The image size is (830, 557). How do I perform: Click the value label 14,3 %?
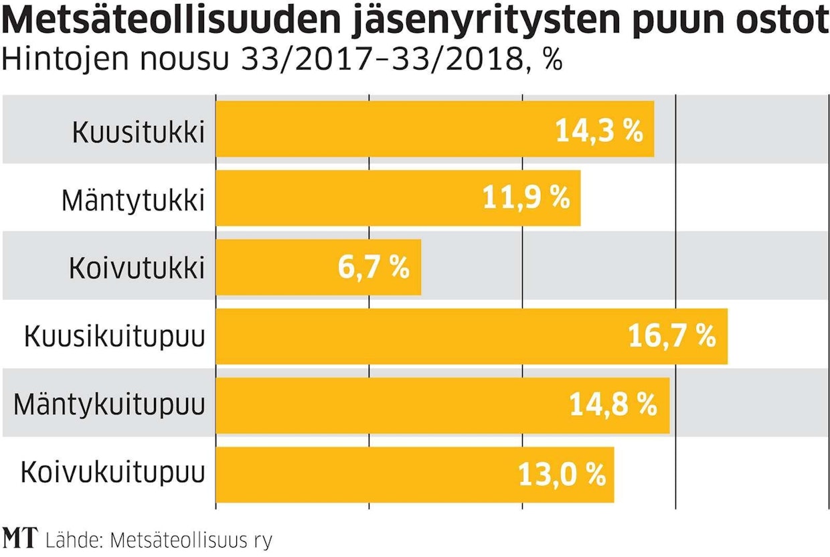pos(599,131)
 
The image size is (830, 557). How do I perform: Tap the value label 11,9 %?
pos(526,199)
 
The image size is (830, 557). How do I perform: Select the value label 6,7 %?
pos(373,268)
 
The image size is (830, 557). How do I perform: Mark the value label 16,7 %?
pos(672,337)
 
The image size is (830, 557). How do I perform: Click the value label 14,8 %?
pos(613,406)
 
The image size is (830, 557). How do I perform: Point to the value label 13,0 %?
pos(562,475)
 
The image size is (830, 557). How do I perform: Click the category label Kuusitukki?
pos(138,131)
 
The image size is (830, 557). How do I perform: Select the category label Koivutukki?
pos(136,268)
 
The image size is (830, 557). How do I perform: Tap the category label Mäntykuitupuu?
pos(109,406)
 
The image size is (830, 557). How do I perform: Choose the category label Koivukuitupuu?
pos(112,474)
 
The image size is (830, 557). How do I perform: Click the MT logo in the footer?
pos(20,538)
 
